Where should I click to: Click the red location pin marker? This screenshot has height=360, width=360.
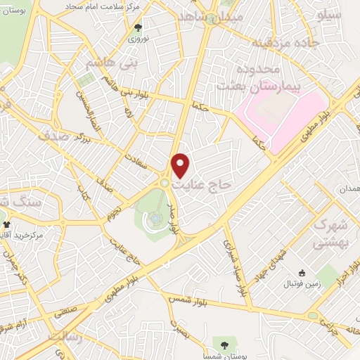[x=181, y=165]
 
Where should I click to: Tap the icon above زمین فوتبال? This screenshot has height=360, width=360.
[x=303, y=273]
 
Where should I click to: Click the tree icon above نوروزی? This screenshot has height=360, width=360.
[x=137, y=28]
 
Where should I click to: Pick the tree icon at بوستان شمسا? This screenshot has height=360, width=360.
[x=224, y=345]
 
